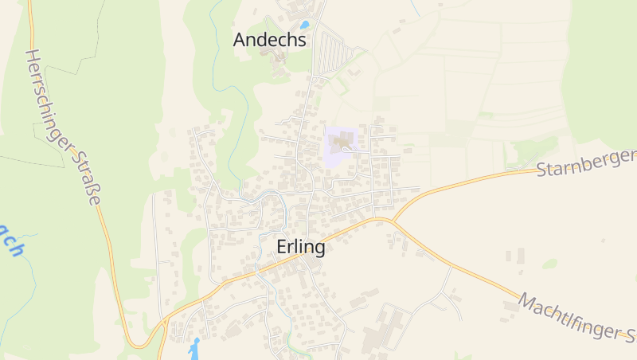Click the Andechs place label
point(270,40)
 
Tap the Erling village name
point(301,248)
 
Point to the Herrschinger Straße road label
point(62,127)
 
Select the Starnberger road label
point(585,161)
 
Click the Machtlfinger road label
point(575,317)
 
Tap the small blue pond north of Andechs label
point(304,25)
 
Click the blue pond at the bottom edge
point(194,347)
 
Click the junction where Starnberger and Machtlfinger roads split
point(391,220)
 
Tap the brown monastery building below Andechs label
point(279,60)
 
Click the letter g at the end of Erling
point(319,250)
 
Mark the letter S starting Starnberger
point(543,170)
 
